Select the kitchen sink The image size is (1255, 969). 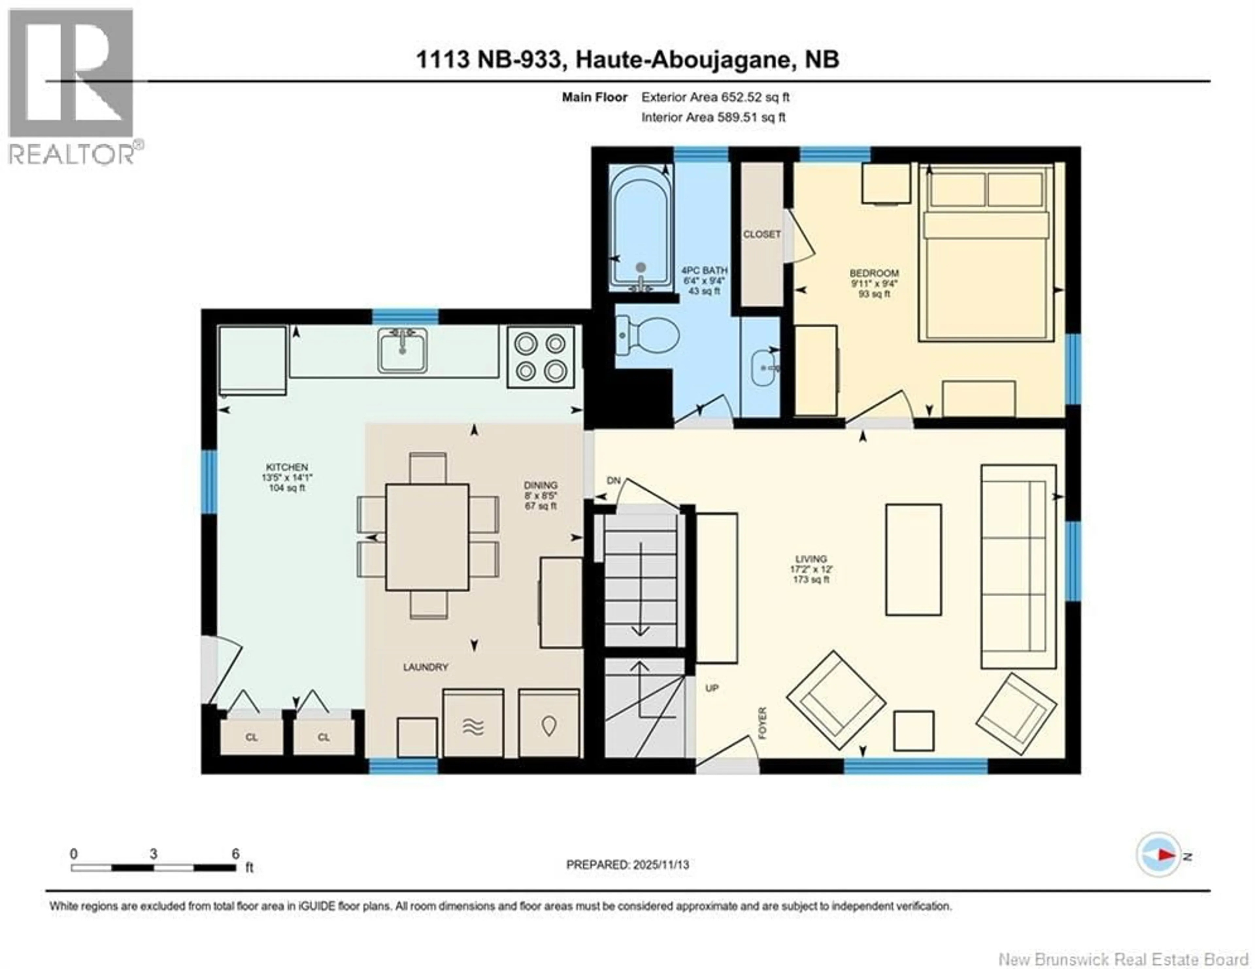tap(402, 350)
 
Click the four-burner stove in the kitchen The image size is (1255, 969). tap(540, 357)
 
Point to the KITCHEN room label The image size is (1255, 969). tap(287, 467)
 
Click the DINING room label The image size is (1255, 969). tap(540, 485)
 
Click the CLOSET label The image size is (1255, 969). tap(761, 234)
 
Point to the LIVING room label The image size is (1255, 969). tap(811, 559)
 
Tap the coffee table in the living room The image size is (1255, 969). tap(913, 560)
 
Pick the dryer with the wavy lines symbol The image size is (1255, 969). tap(473, 723)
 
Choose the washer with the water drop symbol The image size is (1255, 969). tap(549, 723)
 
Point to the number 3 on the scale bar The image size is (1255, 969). tap(153, 854)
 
